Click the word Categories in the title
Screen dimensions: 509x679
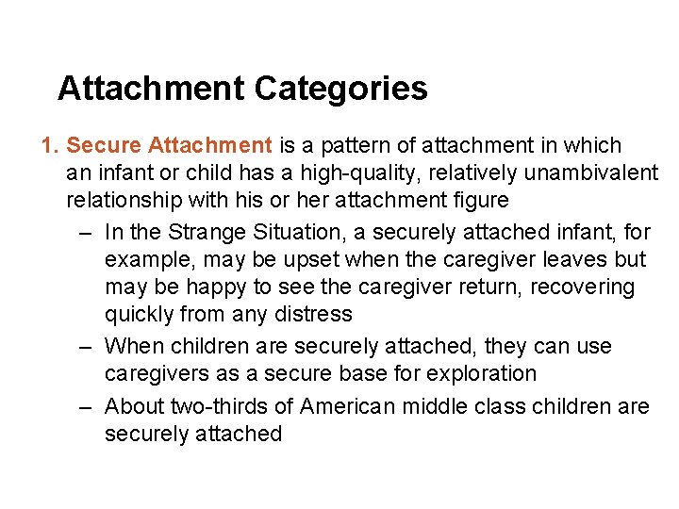[x=340, y=90]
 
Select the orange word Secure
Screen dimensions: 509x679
[x=104, y=146]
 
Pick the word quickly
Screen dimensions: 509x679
[x=137, y=314]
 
